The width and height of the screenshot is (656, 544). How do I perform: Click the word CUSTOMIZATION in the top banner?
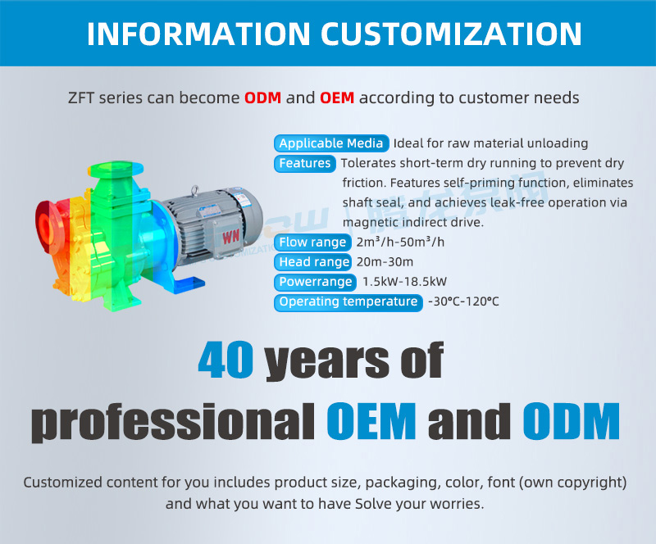click(x=452, y=34)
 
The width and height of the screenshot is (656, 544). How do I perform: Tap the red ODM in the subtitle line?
click(x=262, y=97)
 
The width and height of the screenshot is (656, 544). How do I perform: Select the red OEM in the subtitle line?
click(x=337, y=97)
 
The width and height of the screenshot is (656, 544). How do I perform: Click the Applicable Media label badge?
click(x=331, y=143)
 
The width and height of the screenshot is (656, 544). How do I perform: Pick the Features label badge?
click(x=305, y=163)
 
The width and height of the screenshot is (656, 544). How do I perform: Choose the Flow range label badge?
click(x=312, y=243)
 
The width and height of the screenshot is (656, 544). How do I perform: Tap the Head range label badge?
click(x=314, y=262)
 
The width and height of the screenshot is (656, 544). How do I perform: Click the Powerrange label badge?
click(x=315, y=282)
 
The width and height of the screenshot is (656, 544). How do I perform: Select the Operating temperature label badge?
click(x=348, y=301)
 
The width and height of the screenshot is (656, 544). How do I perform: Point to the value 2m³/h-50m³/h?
click(x=400, y=243)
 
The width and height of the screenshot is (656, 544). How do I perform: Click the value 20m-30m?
click(x=385, y=262)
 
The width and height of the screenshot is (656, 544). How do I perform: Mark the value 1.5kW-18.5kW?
click(x=404, y=282)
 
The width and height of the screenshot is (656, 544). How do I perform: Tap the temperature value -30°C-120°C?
click(x=463, y=301)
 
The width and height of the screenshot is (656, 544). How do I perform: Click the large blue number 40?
click(x=226, y=359)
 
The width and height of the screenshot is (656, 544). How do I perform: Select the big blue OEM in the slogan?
click(x=371, y=420)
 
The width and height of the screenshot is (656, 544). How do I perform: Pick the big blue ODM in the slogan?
click(x=571, y=420)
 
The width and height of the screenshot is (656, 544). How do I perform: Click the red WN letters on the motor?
click(x=230, y=236)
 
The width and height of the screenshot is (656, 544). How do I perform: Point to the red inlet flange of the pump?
click(x=47, y=226)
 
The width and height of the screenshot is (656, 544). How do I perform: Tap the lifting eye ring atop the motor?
click(x=195, y=190)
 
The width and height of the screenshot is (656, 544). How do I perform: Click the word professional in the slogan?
click(x=173, y=422)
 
